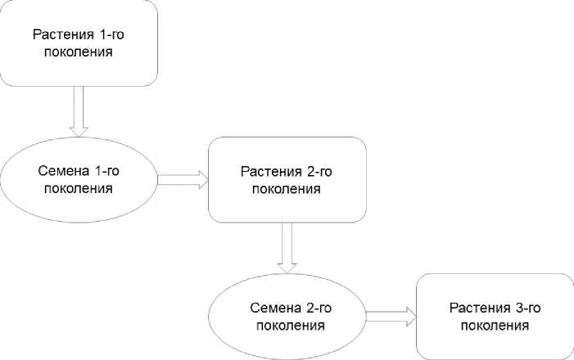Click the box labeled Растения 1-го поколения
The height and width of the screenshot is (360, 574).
pos(79,43)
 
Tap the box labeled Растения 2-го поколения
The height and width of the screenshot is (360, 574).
pos(287,180)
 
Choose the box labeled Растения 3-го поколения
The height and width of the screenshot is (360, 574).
pos(494,316)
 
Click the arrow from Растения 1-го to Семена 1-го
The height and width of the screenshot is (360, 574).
pos(79,110)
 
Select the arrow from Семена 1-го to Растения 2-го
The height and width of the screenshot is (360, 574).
pos(183,180)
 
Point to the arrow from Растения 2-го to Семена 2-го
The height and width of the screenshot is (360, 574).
pos(287,246)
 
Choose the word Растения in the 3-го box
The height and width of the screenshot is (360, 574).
pos(477,308)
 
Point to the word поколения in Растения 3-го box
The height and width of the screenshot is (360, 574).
pos(494,325)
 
